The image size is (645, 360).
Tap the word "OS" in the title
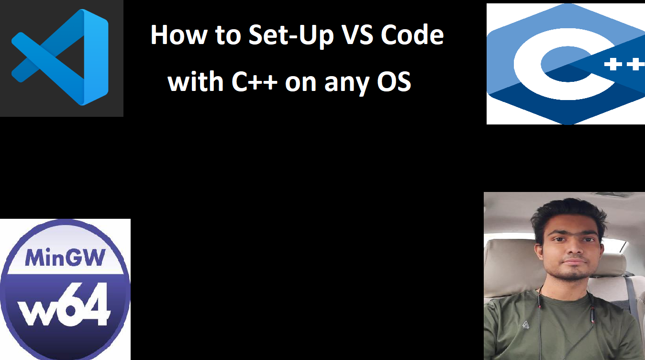tap(394, 82)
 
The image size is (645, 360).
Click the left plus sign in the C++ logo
tap(613, 64)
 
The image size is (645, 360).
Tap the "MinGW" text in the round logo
tap(65, 258)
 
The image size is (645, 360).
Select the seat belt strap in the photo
tap(631, 297)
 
